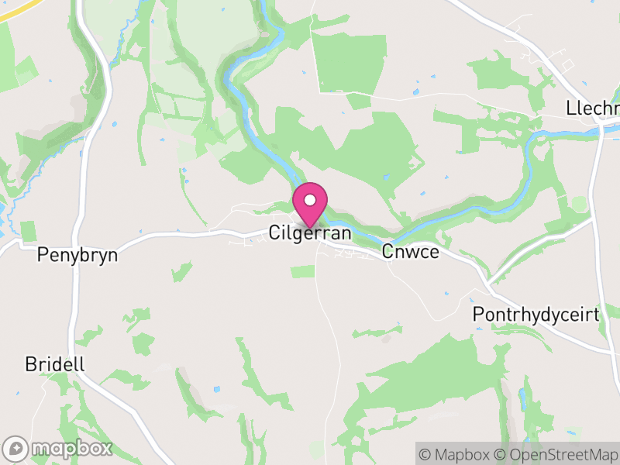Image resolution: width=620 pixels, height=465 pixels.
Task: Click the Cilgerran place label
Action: (310, 232)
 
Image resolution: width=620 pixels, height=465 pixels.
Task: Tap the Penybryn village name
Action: (77, 254)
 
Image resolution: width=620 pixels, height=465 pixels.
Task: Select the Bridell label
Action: (54, 364)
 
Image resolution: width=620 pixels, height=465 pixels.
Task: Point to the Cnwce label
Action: (410, 253)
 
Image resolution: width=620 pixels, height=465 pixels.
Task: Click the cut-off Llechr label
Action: (593, 108)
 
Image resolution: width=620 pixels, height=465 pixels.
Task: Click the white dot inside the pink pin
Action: (310, 200)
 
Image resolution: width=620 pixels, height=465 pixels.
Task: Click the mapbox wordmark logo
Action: (71, 448)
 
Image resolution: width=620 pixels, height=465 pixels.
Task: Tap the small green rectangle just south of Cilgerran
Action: (303, 271)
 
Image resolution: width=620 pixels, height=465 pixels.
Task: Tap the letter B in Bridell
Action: (30, 364)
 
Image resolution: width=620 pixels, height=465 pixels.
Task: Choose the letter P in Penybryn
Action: (43, 254)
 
